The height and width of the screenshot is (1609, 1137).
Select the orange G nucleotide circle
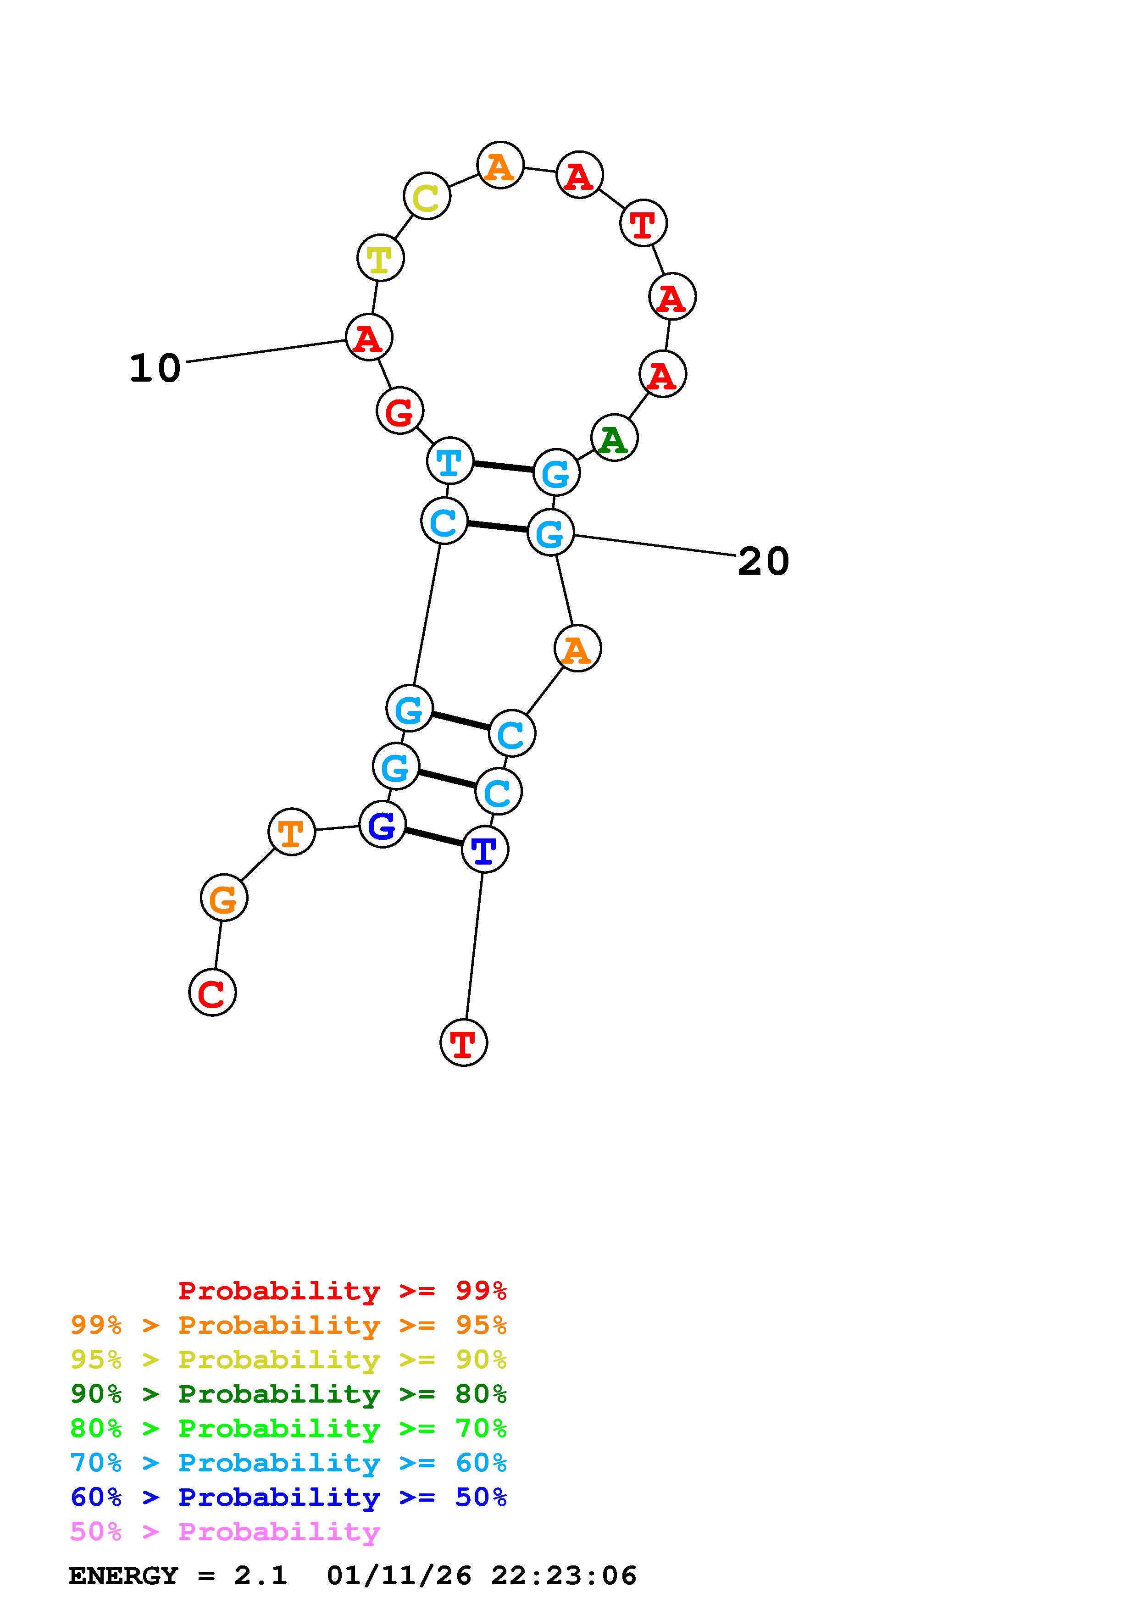(x=223, y=899)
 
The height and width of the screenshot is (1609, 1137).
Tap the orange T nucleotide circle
(x=291, y=832)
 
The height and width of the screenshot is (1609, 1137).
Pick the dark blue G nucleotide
(x=382, y=824)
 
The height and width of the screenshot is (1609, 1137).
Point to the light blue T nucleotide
(x=450, y=461)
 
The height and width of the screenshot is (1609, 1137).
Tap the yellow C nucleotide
(x=427, y=197)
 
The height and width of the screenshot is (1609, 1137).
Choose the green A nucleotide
(x=614, y=438)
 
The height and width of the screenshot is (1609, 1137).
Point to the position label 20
(x=763, y=561)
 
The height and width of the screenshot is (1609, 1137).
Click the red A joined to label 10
(x=368, y=338)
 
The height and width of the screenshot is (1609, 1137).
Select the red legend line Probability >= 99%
(x=342, y=1291)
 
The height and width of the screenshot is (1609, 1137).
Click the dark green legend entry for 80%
(x=288, y=1394)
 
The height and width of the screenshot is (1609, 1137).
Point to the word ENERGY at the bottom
(x=123, y=1576)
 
